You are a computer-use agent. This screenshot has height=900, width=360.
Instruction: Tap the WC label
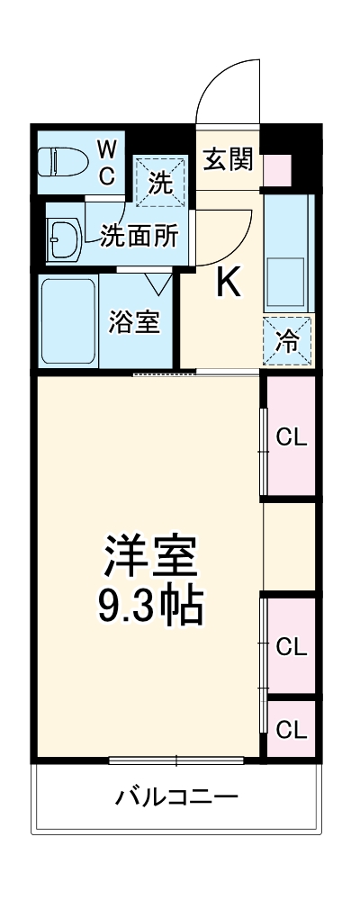(106, 161)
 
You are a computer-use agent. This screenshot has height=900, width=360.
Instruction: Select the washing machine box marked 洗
(160, 183)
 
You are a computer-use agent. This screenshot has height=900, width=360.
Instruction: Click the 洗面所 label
(139, 236)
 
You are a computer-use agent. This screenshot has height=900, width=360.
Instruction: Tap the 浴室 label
(135, 322)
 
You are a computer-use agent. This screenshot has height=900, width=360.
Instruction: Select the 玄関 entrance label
(228, 162)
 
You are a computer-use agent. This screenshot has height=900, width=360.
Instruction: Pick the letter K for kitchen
(228, 285)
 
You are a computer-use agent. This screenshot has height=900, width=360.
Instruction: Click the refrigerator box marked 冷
(289, 341)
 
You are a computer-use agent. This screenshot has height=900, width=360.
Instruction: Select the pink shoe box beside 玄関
(277, 168)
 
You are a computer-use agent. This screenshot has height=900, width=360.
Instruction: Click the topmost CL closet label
(291, 438)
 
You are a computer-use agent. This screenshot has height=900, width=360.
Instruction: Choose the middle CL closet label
(291, 645)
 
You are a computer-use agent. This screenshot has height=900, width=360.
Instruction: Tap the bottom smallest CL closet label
(291, 728)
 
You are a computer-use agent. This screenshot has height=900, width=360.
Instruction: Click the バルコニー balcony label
(176, 796)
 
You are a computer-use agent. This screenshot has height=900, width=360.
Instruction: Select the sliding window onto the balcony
(176, 760)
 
